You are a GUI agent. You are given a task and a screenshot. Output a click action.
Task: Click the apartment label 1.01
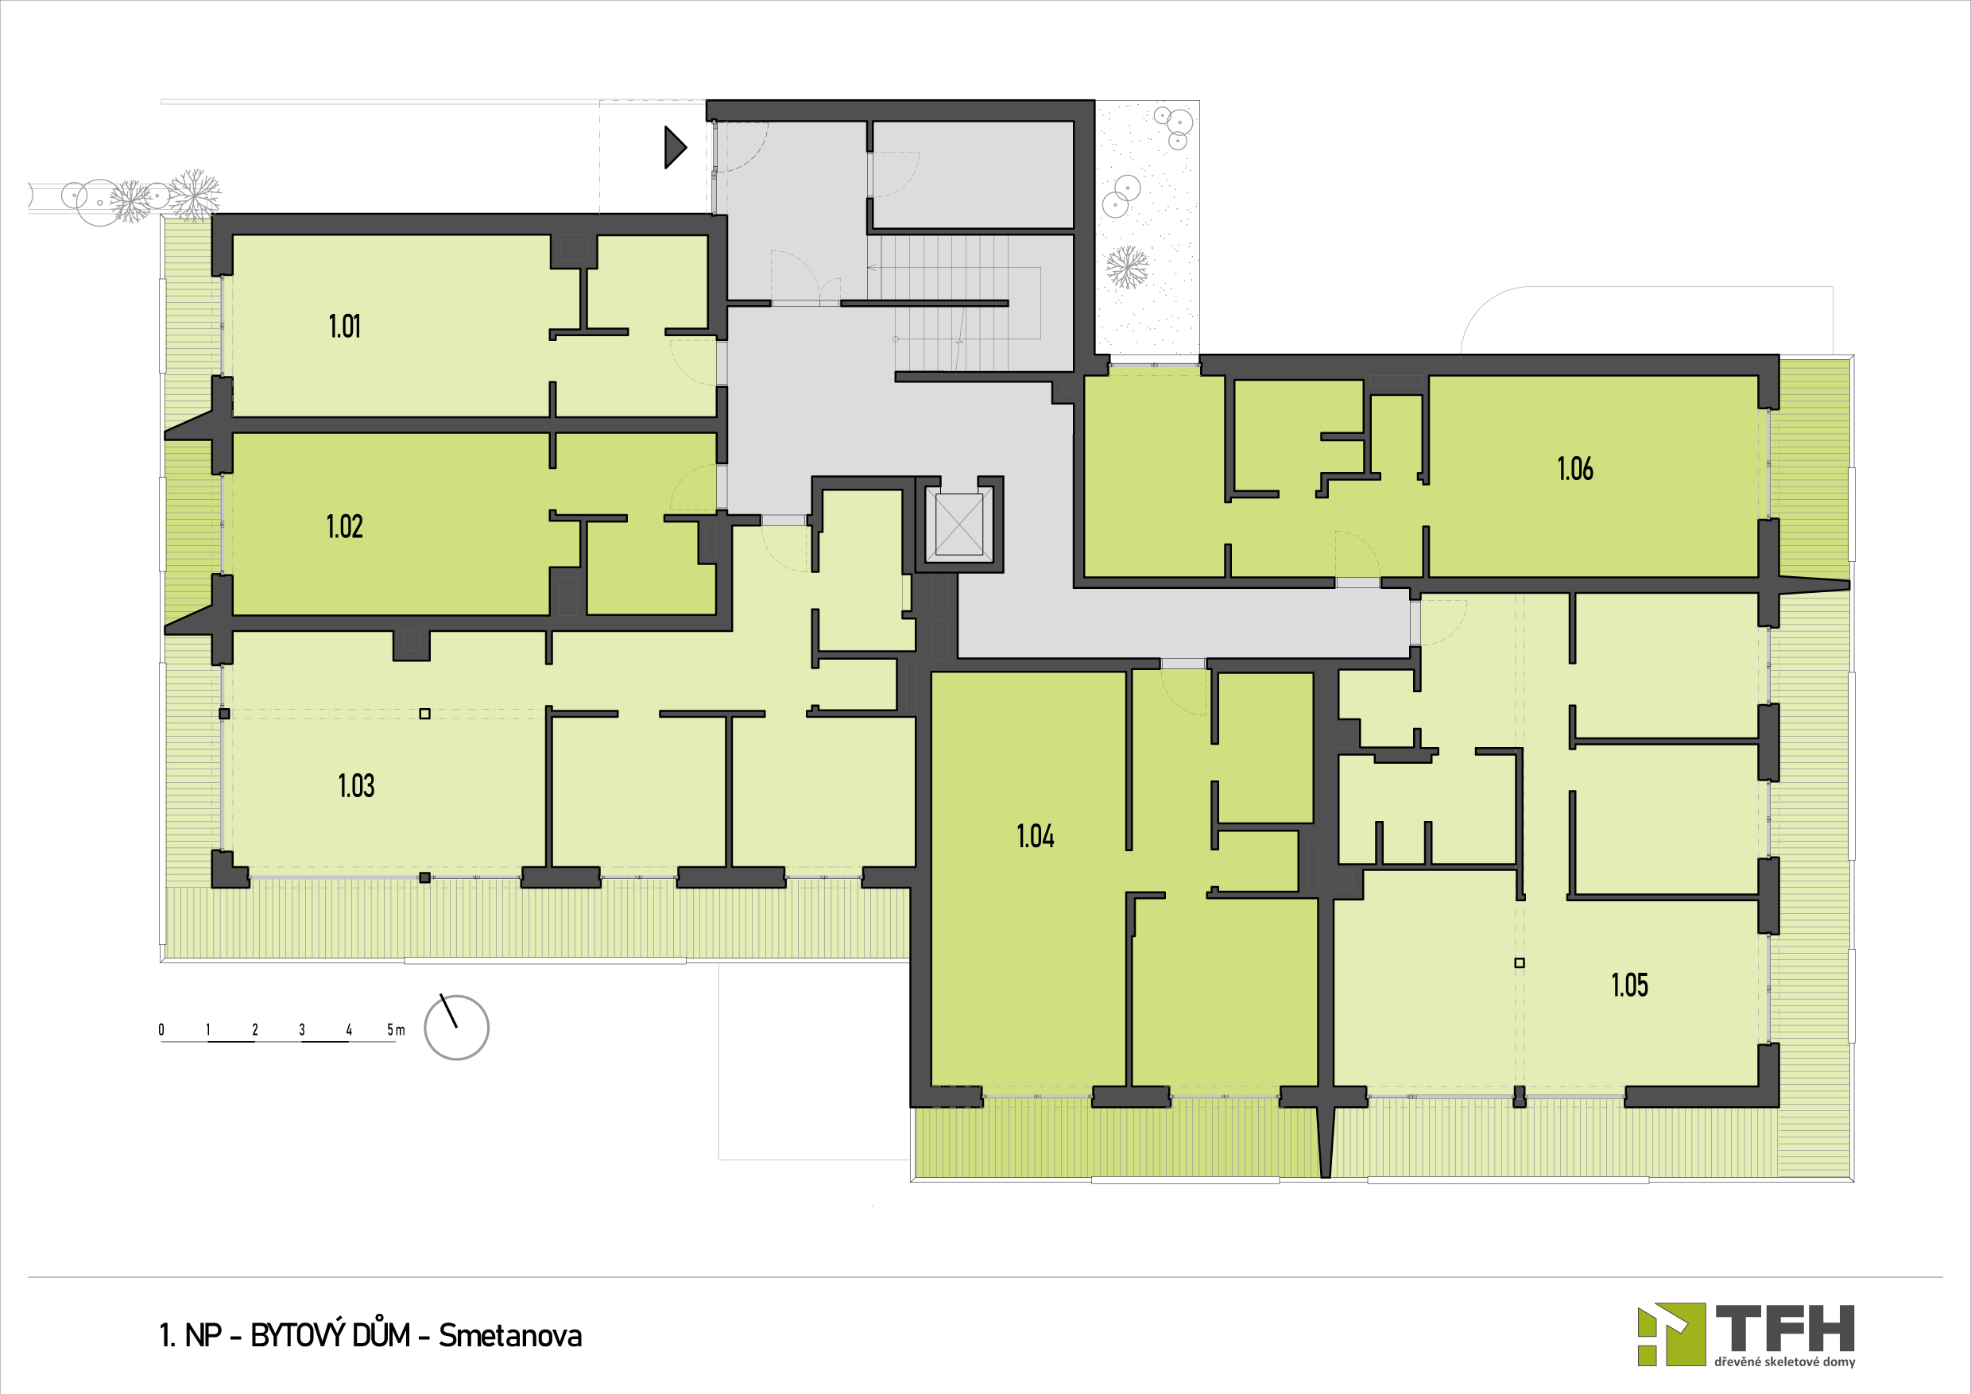click(x=344, y=326)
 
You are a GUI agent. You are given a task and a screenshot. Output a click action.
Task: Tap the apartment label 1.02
click(x=344, y=526)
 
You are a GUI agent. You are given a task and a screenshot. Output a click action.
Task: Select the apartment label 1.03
click(x=356, y=785)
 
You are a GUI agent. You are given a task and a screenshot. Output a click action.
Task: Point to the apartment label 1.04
click(x=1036, y=836)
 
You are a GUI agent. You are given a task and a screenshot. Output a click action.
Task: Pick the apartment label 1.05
click(x=1629, y=985)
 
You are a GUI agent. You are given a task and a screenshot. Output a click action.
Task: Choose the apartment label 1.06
click(x=1575, y=469)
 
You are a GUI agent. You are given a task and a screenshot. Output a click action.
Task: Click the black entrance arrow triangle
click(x=676, y=148)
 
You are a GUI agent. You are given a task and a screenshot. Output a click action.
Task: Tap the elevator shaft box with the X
click(x=959, y=525)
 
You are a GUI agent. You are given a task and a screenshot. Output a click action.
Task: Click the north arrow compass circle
click(x=457, y=1027)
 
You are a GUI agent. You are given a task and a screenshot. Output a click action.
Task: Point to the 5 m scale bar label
click(x=396, y=1029)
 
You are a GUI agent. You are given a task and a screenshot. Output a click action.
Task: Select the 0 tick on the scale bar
click(x=161, y=1029)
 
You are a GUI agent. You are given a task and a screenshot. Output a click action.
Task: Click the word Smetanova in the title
click(x=510, y=1336)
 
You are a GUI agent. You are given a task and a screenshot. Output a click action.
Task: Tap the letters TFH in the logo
click(x=1785, y=1328)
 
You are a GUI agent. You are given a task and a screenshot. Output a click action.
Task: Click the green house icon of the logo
click(x=1671, y=1334)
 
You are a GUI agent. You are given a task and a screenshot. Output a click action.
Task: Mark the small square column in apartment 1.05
click(x=1520, y=963)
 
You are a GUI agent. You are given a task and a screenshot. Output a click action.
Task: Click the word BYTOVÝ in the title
click(x=331, y=1336)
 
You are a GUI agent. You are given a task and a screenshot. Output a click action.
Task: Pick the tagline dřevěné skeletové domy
click(x=1785, y=1362)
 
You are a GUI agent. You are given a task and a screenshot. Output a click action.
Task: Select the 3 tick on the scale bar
click(x=302, y=1029)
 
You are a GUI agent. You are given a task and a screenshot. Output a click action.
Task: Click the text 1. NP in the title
click(x=191, y=1336)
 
